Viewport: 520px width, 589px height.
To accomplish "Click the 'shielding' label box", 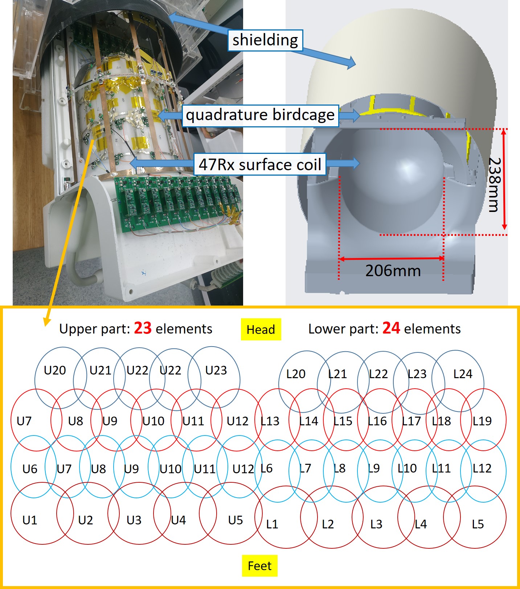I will coord(265,40).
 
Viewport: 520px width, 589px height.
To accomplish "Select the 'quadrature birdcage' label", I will coord(260,115).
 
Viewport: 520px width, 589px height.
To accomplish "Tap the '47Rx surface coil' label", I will coord(260,165).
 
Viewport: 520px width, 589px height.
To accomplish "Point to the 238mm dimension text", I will coord(495,185).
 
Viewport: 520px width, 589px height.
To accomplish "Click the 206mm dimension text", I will coord(393,271).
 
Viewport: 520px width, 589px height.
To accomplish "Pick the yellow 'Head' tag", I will coord(261,330).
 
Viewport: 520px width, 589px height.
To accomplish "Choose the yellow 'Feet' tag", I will coord(259,566).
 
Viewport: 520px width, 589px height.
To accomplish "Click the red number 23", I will coord(143,328).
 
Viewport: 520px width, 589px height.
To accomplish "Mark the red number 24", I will coord(391,328).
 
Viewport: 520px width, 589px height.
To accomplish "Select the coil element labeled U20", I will coord(55,371).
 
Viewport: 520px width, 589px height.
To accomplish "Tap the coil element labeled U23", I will coord(216,371).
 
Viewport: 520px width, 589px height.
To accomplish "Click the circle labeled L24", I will coord(463,374).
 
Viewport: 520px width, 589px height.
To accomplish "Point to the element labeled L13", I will coord(270,421).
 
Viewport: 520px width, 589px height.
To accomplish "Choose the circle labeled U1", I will coord(30,520).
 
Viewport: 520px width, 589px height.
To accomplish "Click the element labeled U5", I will coord(235,520).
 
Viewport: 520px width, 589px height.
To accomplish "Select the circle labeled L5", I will coord(478,524).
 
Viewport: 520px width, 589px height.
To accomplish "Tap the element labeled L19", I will coord(482,421).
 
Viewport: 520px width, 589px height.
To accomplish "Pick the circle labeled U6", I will coord(30,469).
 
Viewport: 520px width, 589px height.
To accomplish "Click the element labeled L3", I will coord(376,524).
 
